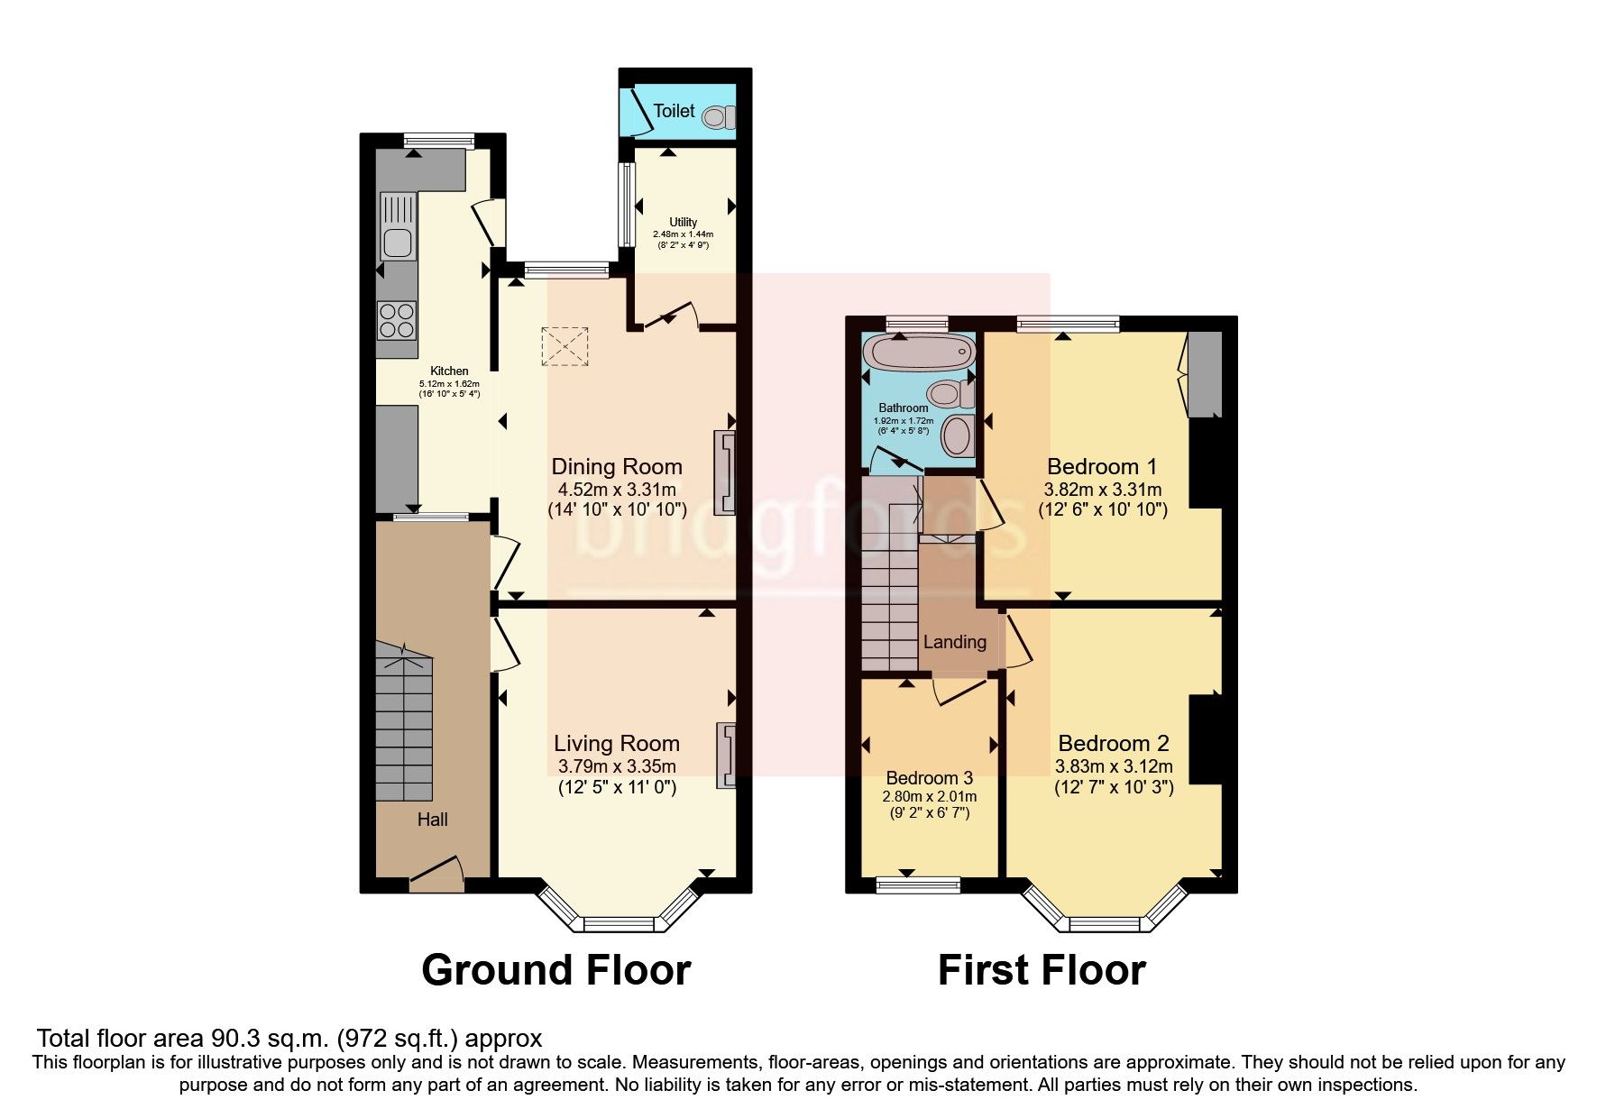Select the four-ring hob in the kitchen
397,320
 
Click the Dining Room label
617,467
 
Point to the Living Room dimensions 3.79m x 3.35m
617,767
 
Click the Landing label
954,643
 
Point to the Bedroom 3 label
929,778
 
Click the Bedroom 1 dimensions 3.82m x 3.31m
1102,490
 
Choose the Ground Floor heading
555,971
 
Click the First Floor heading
1041,971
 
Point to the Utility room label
683,222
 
